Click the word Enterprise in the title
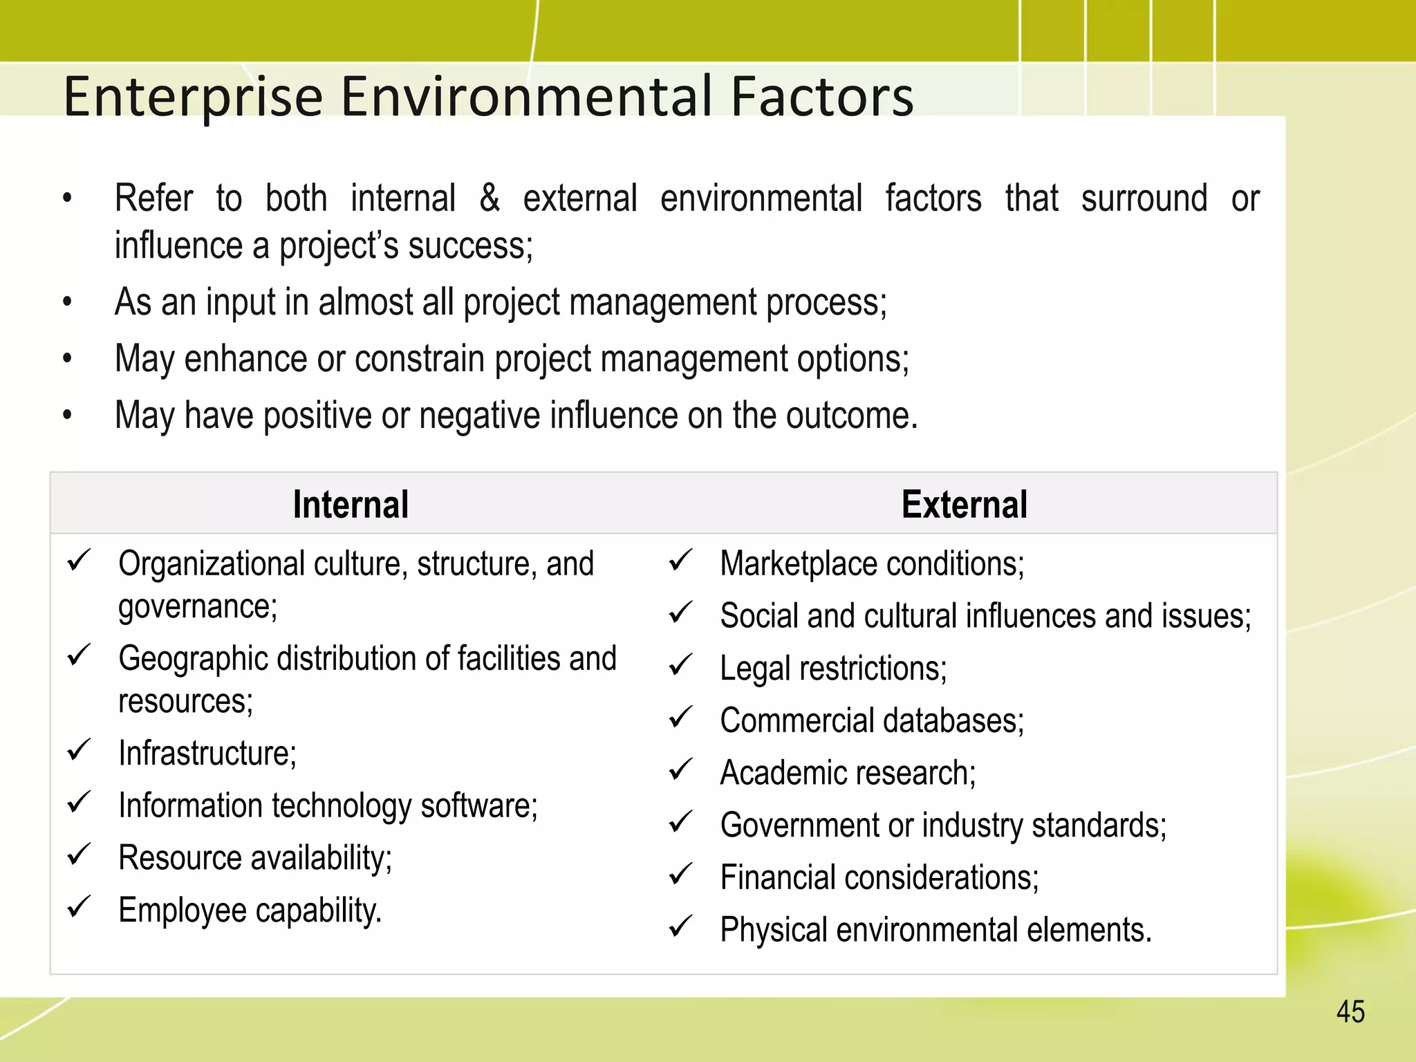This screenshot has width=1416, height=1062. click(x=193, y=97)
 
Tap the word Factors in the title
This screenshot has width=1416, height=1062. click(x=822, y=96)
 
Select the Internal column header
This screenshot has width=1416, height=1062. click(x=351, y=504)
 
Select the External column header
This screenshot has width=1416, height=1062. click(x=964, y=504)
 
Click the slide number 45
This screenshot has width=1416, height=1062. click(x=1350, y=1012)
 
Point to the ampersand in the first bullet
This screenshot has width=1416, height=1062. click(x=490, y=198)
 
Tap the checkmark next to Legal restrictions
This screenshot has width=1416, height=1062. click(x=680, y=665)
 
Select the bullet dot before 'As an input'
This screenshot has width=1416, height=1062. click(x=67, y=302)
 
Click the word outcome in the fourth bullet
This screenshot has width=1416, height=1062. click(x=851, y=416)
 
